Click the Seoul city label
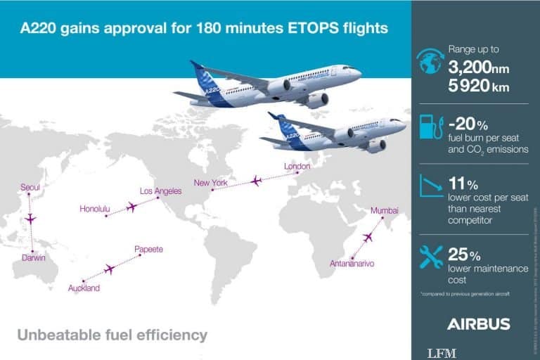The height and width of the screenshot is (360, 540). [30, 187]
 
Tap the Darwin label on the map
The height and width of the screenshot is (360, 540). [33, 258]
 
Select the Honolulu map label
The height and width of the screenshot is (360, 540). [96, 209]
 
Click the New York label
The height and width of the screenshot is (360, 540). [211, 184]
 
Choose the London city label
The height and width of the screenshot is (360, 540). [297, 167]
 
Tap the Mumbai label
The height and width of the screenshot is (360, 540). [384, 211]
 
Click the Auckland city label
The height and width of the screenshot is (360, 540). [84, 288]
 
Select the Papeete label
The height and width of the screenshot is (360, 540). [148, 250]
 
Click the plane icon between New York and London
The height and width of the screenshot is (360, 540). [255, 181]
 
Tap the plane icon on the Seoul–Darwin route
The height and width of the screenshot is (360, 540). [30, 219]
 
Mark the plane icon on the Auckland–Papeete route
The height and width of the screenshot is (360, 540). [109, 269]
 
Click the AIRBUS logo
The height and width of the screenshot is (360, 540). [478, 324]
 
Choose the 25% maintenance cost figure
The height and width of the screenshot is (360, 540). [464, 254]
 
